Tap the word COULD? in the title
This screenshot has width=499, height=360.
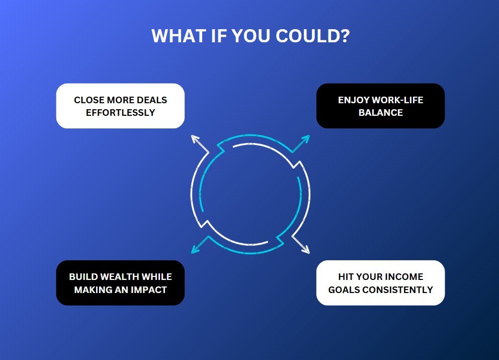pyautogui.click(x=312, y=36)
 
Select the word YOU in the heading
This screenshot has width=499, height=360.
pyautogui.click(x=251, y=36)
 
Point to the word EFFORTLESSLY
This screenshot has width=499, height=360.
pyautogui.click(x=120, y=112)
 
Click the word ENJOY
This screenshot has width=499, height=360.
pyautogui.click(x=354, y=100)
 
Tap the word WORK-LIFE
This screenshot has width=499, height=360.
pyautogui.click(x=397, y=100)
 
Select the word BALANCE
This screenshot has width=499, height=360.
pyautogui.click(x=381, y=112)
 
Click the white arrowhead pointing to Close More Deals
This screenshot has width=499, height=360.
pyautogui.click(x=195, y=138)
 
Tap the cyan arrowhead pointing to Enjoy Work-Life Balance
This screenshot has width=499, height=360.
pyautogui.click(x=306, y=138)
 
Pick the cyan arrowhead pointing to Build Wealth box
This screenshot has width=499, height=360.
pyautogui.click(x=195, y=250)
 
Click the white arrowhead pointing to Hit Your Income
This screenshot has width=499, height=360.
pyautogui.click(x=306, y=250)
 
